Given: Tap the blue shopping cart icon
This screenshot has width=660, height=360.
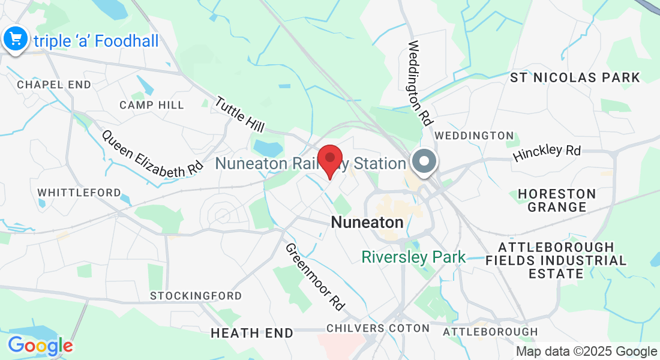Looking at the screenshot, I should coord(14,40).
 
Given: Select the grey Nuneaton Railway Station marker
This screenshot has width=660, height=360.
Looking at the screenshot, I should coord(424,161).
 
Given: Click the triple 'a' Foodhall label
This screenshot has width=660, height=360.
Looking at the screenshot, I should coord(95,41).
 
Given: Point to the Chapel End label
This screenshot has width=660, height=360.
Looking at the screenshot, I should coord(54,85).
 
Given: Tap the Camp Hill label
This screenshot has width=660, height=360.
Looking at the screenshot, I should coord(152,105).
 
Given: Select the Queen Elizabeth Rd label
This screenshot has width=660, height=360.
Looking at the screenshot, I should coord(152,154).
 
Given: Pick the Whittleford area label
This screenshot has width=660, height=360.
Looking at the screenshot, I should coord(79,193).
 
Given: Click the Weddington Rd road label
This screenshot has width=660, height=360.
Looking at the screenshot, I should coord(421,82).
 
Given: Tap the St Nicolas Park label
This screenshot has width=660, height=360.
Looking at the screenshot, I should coord(575,77).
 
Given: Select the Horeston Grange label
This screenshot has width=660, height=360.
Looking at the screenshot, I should coord(557,200).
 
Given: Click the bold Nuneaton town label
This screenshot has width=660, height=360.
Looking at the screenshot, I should coord(367,223).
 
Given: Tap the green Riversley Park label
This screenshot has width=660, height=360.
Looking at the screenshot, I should coord(413,257).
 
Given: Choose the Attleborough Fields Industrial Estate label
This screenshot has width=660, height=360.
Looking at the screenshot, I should coord(556,260).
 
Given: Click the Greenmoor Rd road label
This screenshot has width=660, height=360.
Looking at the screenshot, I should coord(315,277).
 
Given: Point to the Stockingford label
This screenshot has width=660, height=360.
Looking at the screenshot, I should coord(196,296).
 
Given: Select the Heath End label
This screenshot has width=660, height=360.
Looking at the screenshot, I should coord(252,332).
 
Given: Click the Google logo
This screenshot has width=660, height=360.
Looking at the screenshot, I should coord(40,346).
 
